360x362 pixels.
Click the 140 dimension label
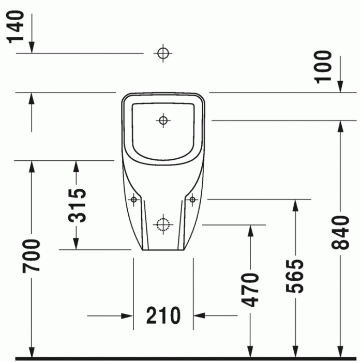(16, 26)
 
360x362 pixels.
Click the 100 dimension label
(324, 66)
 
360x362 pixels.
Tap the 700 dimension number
(33, 256)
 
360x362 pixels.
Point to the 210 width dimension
(163, 315)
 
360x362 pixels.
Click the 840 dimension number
(341, 232)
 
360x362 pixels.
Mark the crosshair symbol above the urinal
(163, 53)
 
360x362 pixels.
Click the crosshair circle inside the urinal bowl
(163, 121)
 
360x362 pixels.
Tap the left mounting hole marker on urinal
(134, 199)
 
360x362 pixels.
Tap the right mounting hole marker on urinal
(192, 199)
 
